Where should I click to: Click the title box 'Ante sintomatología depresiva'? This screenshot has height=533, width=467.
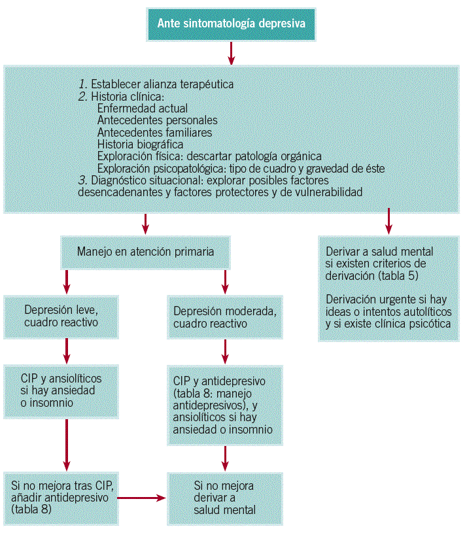click(232, 23)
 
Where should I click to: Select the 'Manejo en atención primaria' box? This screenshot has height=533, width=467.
click(145, 251)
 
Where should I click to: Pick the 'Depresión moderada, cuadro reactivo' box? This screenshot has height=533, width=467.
click(226, 316)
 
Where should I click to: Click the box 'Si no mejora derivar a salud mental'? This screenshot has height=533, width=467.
click(226, 498)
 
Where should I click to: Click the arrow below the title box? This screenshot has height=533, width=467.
click(232, 54)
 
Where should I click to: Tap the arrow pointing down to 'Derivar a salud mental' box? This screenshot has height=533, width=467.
click(389, 222)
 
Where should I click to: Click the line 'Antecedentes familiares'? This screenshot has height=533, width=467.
click(154, 132)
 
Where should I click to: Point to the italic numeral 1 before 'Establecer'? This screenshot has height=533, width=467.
click(82, 84)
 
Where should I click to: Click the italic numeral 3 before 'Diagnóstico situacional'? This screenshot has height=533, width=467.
click(82, 180)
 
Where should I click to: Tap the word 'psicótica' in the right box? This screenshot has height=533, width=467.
click(428, 324)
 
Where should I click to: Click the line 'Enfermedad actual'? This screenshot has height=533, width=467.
click(142, 109)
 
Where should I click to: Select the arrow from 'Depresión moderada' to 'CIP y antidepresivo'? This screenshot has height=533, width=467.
click(226, 351)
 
